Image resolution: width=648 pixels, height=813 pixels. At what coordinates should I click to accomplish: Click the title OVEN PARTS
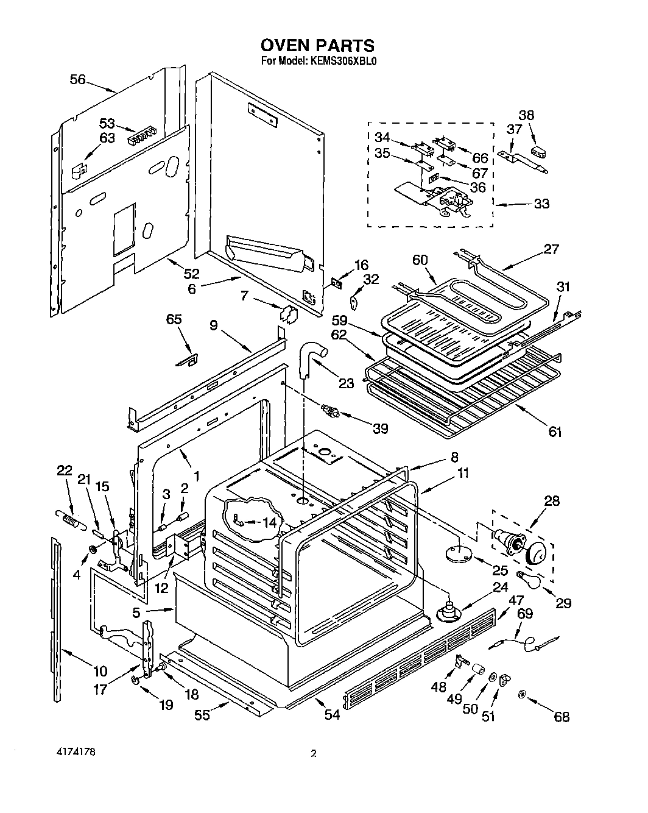tap(317, 46)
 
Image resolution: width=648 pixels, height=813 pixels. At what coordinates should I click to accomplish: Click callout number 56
tap(78, 79)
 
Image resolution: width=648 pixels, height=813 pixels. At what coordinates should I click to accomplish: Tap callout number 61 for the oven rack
tap(554, 431)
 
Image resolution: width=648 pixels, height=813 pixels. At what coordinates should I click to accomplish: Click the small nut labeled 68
tap(522, 694)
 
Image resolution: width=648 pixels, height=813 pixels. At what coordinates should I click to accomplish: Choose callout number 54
tap(332, 715)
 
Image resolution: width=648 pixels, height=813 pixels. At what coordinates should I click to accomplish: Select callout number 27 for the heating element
tap(551, 249)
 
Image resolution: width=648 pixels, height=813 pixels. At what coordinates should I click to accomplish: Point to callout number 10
tap(100, 671)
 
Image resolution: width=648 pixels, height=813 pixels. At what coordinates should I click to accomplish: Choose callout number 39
tap(381, 428)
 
